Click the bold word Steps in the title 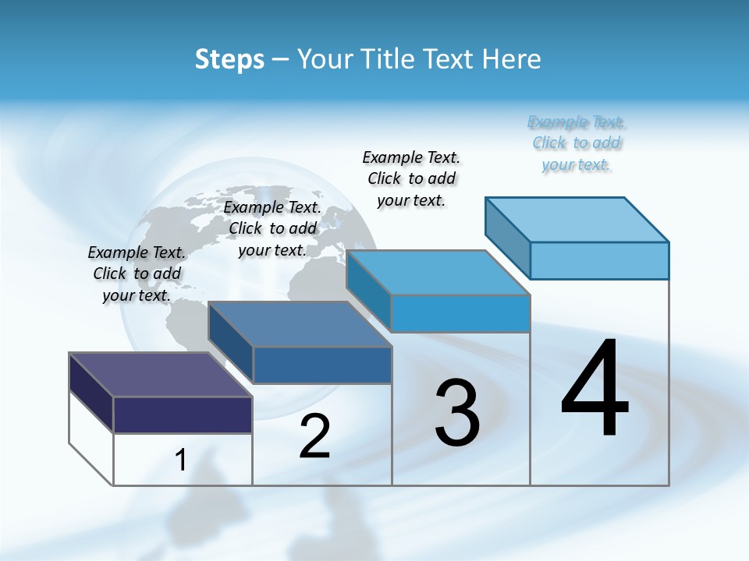pyautogui.click(x=229, y=59)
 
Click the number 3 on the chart pyautogui.click(x=457, y=414)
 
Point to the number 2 pyautogui.click(x=314, y=436)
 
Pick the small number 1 pyautogui.click(x=181, y=460)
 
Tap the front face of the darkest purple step pyautogui.click(x=183, y=415)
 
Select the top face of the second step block pyautogui.click(x=300, y=324)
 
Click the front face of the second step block pyautogui.click(x=322, y=365)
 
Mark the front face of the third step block pyautogui.click(x=460, y=313)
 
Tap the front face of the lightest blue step pyautogui.click(x=599, y=260)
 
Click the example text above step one pyautogui.click(x=137, y=273)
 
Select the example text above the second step pyautogui.click(x=272, y=228)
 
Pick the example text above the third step pyautogui.click(x=411, y=178)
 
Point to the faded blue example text pyautogui.click(x=577, y=143)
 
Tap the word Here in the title pyautogui.click(x=513, y=59)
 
